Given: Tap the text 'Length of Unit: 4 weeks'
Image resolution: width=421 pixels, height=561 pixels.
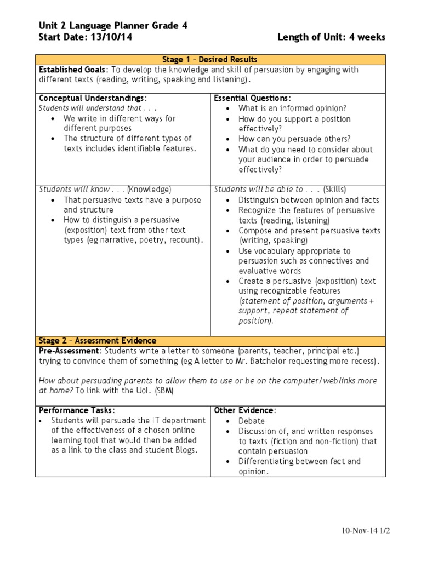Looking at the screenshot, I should click(x=331, y=37).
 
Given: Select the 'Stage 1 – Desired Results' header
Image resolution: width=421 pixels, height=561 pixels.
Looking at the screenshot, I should click(x=210, y=59).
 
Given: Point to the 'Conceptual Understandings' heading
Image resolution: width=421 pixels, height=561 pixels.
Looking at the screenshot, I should click(x=93, y=98).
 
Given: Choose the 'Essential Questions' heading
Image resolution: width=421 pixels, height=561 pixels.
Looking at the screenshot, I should click(x=252, y=98).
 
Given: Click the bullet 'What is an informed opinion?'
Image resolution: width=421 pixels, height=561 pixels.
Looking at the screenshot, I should click(x=292, y=108).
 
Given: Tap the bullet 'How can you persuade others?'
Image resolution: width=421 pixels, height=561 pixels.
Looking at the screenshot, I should click(x=294, y=139).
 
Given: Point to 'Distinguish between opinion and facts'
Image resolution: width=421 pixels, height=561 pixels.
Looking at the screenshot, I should click(x=309, y=200).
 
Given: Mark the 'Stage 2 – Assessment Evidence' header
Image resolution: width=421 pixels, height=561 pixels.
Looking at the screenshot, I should click(x=97, y=341).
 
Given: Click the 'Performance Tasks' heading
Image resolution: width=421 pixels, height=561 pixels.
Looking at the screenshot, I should click(x=76, y=410).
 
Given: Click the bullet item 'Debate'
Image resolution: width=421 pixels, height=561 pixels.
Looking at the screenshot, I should click(x=252, y=421).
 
